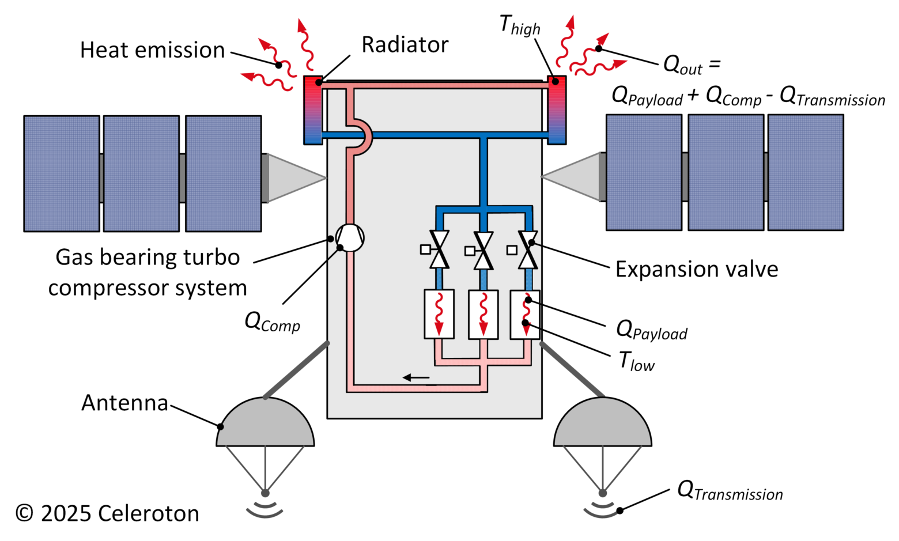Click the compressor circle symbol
pos(350,238)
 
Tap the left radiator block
pos(313,109)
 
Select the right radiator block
pos(557,109)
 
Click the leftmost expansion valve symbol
pos(440,249)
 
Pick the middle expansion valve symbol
pos(484,250)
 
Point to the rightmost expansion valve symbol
pos(527,249)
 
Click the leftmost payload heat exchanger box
pos(439,314)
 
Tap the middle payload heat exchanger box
pos(483,314)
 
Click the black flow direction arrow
pos(416,378)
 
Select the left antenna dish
pos(265,423)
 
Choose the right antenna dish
pos(603,423)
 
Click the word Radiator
pos(405,45)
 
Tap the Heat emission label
pos(152,50)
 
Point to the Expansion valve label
pos(696,269)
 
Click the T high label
pos(519,25)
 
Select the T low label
pos(636,361)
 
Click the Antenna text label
pos(124,403)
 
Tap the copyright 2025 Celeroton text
pos(107,513)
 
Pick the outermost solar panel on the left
pos(61,173)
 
